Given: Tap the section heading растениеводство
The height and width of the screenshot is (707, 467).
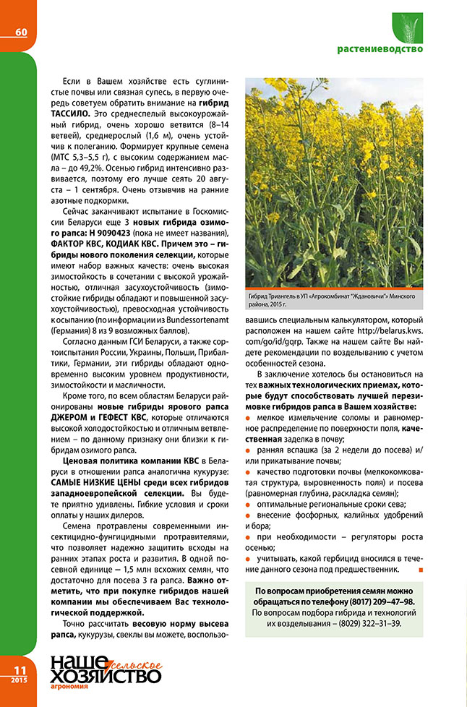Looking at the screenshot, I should (x=380, y=49).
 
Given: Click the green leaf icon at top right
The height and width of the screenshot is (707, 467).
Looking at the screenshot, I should (x=407, y=27).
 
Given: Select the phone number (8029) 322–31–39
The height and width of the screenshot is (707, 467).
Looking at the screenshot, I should (x=367, y=623).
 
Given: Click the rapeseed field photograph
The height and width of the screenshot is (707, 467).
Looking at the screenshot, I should (x=334, y=181).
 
